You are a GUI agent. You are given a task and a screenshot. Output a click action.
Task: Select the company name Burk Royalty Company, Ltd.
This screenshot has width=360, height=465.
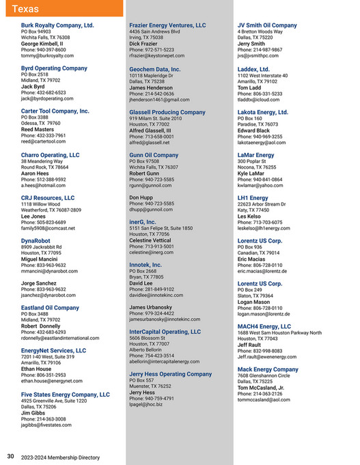click(57, 25)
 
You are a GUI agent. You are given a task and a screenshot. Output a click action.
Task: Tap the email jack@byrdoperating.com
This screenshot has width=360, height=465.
click(49, 99)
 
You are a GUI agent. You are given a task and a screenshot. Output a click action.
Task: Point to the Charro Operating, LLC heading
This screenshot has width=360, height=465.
click(50, 155)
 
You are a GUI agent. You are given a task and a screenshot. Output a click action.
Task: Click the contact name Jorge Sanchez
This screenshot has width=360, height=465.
click(39, 283)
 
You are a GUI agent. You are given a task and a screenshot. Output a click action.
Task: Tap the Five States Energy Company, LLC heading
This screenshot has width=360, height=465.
click(65, 395)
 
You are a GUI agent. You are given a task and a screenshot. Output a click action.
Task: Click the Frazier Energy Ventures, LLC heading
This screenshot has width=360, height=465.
click(167, 25)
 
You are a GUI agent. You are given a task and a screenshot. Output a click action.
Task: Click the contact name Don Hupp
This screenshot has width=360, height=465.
click(141, 197)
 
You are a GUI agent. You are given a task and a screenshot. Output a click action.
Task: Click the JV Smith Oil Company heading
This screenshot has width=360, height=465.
click(267, 25)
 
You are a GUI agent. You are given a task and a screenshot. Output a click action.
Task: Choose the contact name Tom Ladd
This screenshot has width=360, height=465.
click(249, 87)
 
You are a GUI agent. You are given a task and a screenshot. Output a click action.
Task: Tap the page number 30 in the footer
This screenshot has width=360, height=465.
click(10, 457)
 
